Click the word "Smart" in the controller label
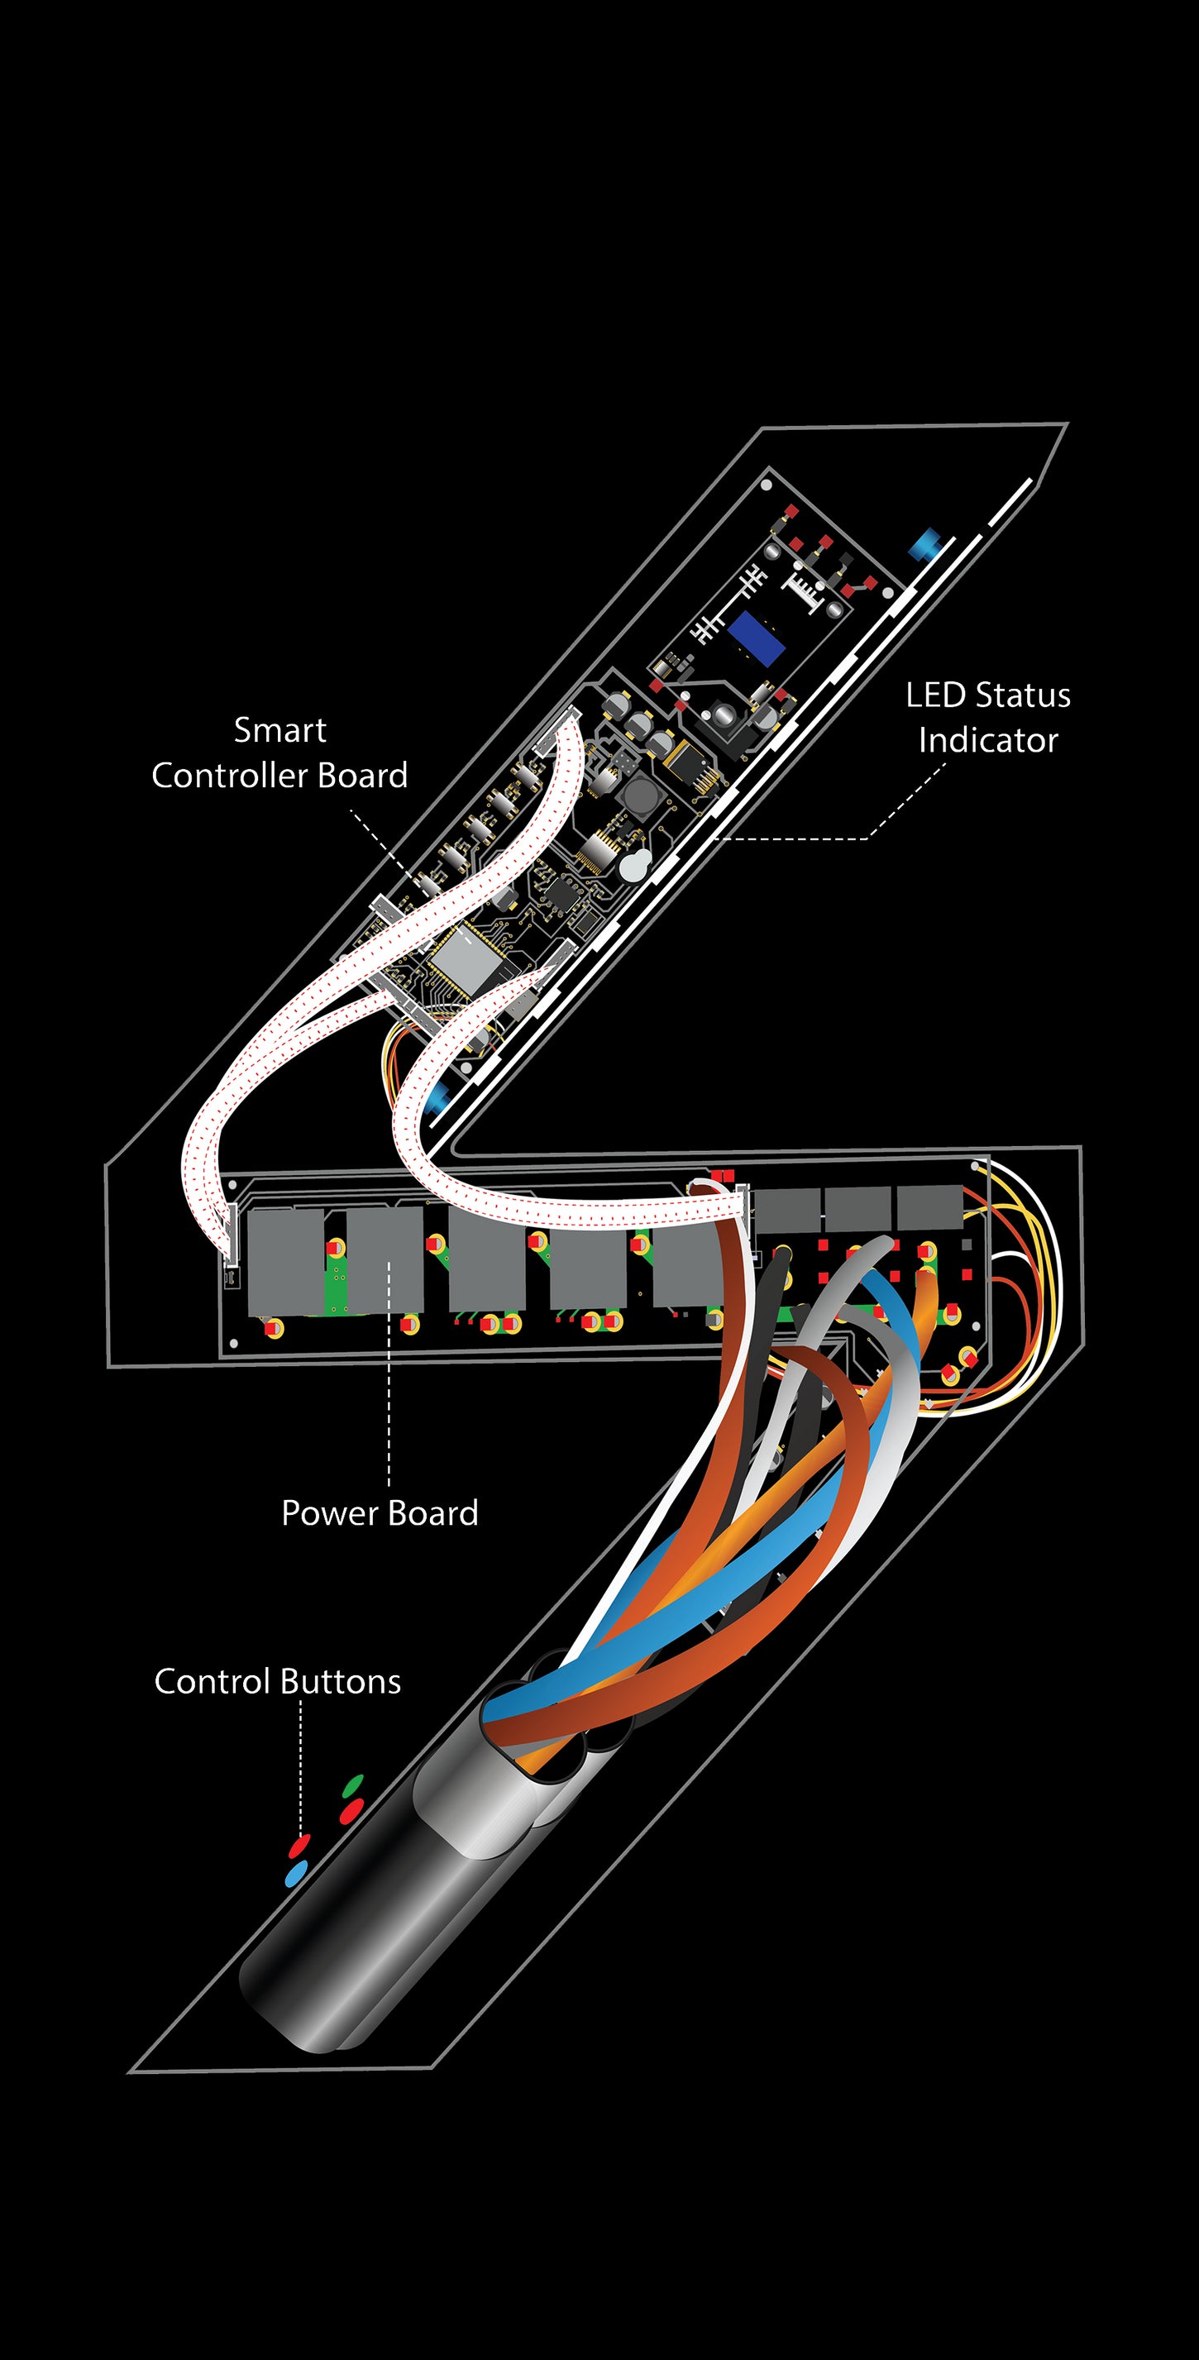(x=279, y=730)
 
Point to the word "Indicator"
(x=988, y=740)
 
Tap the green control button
(x=352, y=1785)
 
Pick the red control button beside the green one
(x=351, y=1810)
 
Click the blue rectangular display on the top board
(x=757, y=638)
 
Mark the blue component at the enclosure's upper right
(x=924, y=543)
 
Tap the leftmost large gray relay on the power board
(x=284, y=1262)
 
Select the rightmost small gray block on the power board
(x=929, y=1207)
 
